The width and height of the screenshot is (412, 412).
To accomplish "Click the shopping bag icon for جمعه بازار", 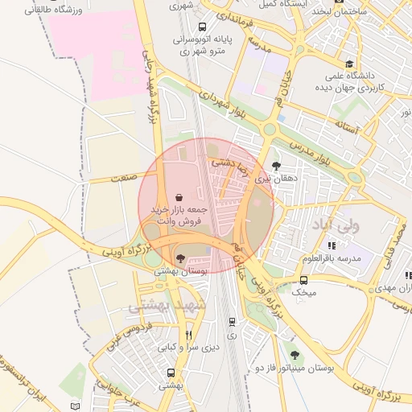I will tap(179, 196).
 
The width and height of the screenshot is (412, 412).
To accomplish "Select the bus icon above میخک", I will tap(303, 280).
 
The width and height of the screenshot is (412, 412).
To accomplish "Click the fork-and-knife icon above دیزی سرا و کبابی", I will tap(188, 335).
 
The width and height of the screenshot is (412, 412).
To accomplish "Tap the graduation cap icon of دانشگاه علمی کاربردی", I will tap(348, 64).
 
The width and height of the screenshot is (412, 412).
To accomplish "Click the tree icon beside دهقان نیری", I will tap(277, 166).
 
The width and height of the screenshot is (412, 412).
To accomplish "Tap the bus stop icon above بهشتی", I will tap(171, 373).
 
